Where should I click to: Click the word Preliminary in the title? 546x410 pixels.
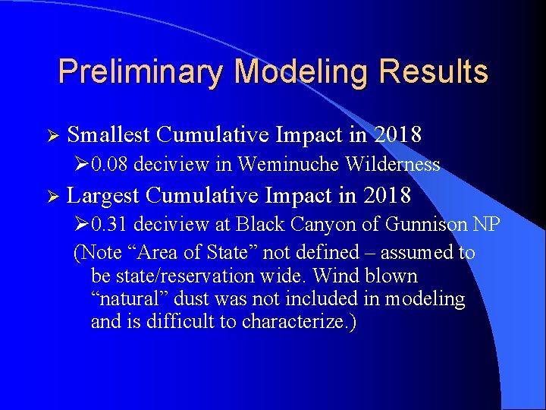click(x=141, y=72)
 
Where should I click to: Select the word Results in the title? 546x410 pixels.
click(x=436, y=72)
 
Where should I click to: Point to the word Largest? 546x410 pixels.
click(x=103, y=195)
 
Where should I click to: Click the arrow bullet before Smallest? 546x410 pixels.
click(x=51, y=136)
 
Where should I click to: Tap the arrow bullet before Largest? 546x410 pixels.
click(x=51, y=196)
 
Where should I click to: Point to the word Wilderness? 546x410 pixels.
click(x=392, y=164)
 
